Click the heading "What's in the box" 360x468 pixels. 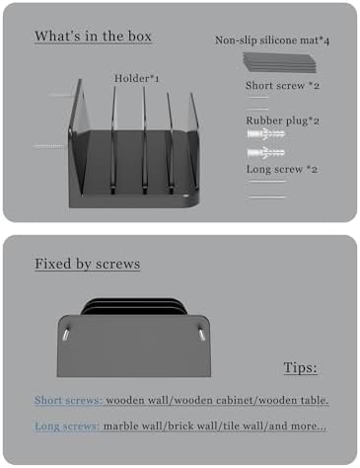(x=94, y=37)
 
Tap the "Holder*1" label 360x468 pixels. (x=136, y=79)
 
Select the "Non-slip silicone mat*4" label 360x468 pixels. (x=272, y=40)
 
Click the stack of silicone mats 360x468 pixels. (x=280, y=62)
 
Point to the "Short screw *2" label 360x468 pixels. (x=282, y=86)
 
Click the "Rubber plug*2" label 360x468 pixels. (x=282, y=120)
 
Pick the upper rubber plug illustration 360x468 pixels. (x=266, y=134)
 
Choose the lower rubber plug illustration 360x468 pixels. (x=266, y=152)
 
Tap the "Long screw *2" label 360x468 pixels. (x=282, y=169)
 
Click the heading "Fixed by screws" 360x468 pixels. (x=88, y=264)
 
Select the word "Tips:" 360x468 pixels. (x=300, y=367)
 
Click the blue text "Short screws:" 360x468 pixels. (x=68, y=400)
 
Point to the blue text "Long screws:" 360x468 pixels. (x=67, y=426)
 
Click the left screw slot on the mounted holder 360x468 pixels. (x=66, y=333)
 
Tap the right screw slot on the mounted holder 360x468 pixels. (x=201, y=332)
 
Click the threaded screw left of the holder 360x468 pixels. (x=48, y=146)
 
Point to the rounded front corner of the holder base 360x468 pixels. (x=192, y=199)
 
